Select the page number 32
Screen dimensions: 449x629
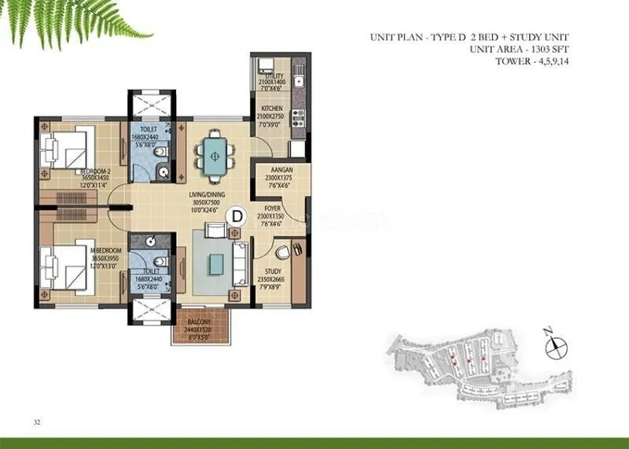[37, 422]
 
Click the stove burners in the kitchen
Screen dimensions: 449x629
[298, 118]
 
